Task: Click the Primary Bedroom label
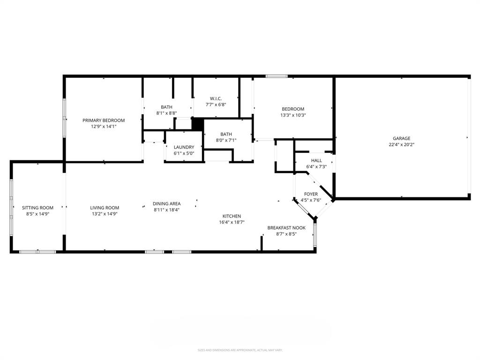tap(104, 120)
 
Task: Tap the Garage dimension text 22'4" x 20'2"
tap(401, 145)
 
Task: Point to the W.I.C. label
tap(216, 98)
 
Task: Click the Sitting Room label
tap(37, 208)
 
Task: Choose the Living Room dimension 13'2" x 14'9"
tap(105, 214)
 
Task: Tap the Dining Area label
tap(166, 203)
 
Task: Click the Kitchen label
tap(232, 216)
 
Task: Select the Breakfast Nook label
tap(286, 228)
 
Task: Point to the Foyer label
tap(311, 194)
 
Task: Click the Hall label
tap(316, 160)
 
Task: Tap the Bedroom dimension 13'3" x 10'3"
tap(293, 115)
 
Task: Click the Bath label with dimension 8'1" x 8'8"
tap(166, 107)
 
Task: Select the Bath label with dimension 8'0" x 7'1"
tap(226, 134)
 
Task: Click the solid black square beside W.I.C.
tap(198, 124)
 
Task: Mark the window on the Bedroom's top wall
tap(277, 76)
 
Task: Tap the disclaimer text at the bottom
tap(240, 350)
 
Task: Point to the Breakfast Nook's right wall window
tap(315, 234)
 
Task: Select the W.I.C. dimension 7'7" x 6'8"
tap(216, 105)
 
